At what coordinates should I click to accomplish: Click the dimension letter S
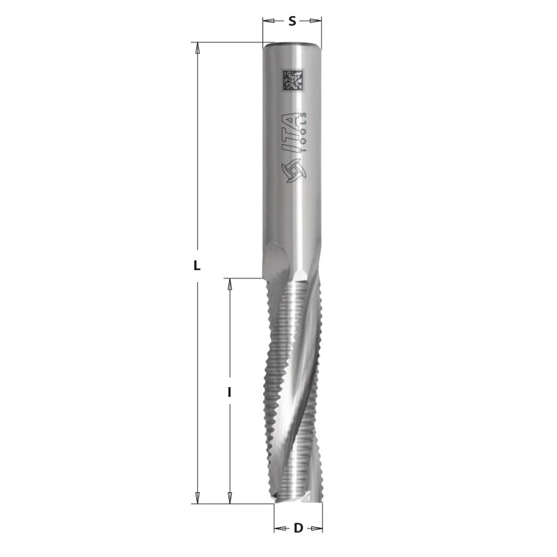tap(292, 22)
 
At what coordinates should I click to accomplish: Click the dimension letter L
tap(197, 265)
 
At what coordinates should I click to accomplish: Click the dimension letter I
tap(230, 392)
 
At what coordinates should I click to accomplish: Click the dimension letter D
tap(299, 528)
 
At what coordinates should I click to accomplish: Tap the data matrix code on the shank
tap(292, 80)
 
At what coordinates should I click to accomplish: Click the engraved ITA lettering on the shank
tap(291, 133)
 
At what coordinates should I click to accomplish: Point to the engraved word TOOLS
tap(304, 132)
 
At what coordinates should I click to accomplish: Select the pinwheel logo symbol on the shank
tap(293, 170)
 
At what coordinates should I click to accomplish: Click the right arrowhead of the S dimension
tap(316, 21)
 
